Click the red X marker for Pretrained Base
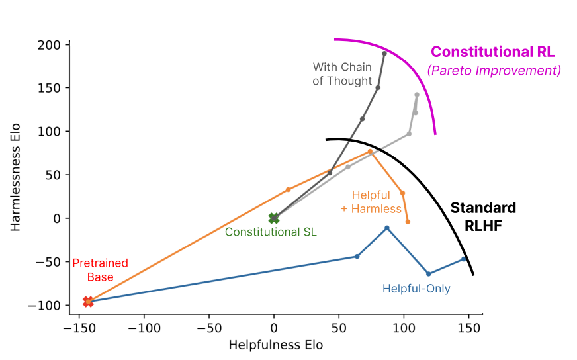point(88,302)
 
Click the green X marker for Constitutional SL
point(274,218)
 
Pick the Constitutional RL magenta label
point(492,52)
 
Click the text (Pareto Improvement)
point(494,70)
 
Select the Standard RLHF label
point(483,216)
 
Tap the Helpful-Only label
point(416,289)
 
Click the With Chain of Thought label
point(342,74)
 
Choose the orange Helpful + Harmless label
point(377,202)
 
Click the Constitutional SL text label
point(271,232)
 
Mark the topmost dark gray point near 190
point(384,53)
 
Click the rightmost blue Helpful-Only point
point(464,259)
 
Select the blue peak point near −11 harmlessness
point(387,228)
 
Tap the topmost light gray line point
point(417,95)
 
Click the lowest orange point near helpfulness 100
point(408,222)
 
